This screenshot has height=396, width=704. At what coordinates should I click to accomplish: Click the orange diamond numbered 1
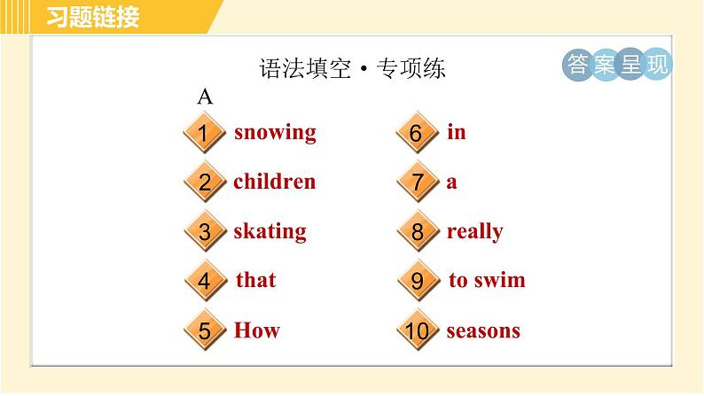[x=204, y=135]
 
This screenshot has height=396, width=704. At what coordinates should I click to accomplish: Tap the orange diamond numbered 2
[x=205, y=183]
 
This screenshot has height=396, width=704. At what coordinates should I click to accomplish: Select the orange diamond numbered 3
[x=205, y=233]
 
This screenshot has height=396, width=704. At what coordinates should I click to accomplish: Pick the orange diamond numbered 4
[x=205, y=282]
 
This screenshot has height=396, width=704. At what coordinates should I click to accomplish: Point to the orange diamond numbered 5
[x=205, y=332]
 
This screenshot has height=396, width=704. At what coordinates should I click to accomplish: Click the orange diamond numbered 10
[x=417, y=332]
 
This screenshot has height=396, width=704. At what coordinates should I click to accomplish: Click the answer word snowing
[x=275, y=133]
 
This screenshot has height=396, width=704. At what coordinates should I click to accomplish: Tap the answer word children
[x=274, y=182]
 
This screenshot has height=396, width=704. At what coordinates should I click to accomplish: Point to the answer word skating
[x=270, y=232]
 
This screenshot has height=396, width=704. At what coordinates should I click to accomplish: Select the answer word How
[x=256, y=330]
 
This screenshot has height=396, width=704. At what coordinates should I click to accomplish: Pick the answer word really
[x=474, y=232]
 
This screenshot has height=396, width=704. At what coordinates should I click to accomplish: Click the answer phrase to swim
[x=487, y=280]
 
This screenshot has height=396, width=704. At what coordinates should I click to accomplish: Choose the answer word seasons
[x=483, y=331]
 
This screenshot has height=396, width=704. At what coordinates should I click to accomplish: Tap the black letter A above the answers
[x=205, y=97]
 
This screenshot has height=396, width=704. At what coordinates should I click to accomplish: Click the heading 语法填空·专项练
[x=351, y=69]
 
